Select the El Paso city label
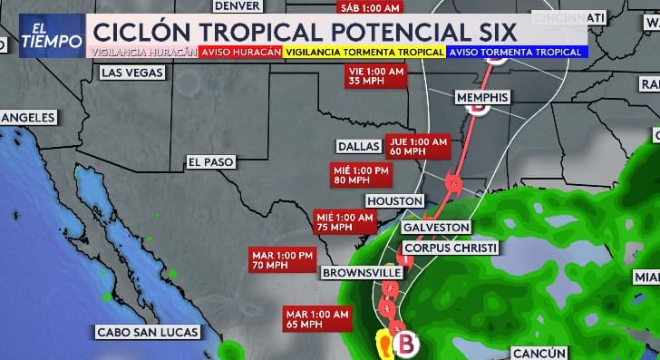click(210, 161)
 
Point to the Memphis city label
click(482, 97)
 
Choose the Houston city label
click(394, 200)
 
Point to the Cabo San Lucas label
click(148, 332)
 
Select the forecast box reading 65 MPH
click(317, 318)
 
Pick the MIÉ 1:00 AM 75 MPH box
click(345, 222)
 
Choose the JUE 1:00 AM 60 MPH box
click(417, 147)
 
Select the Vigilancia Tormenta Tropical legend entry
click(364, 53)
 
